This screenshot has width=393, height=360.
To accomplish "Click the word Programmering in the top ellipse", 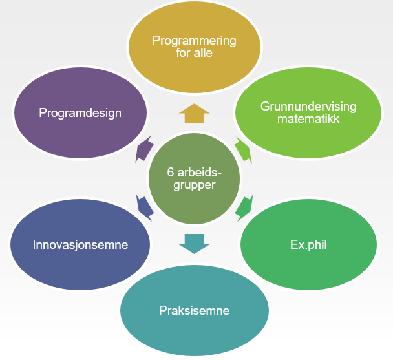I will coord(194,41).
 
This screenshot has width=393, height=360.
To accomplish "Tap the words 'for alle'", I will coord(194,53).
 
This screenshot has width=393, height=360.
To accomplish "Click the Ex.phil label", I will coord(308,245).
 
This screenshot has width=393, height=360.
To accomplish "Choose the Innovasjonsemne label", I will coord(80,245).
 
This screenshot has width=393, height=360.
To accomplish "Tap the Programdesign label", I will coord(80,113).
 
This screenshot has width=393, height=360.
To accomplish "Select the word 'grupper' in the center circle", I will coord(194,185).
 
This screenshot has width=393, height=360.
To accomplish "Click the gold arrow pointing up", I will coord(194,114).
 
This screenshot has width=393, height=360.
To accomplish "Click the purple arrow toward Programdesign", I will coord(144,149).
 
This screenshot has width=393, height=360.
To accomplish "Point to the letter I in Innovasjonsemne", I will coord(34,245).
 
